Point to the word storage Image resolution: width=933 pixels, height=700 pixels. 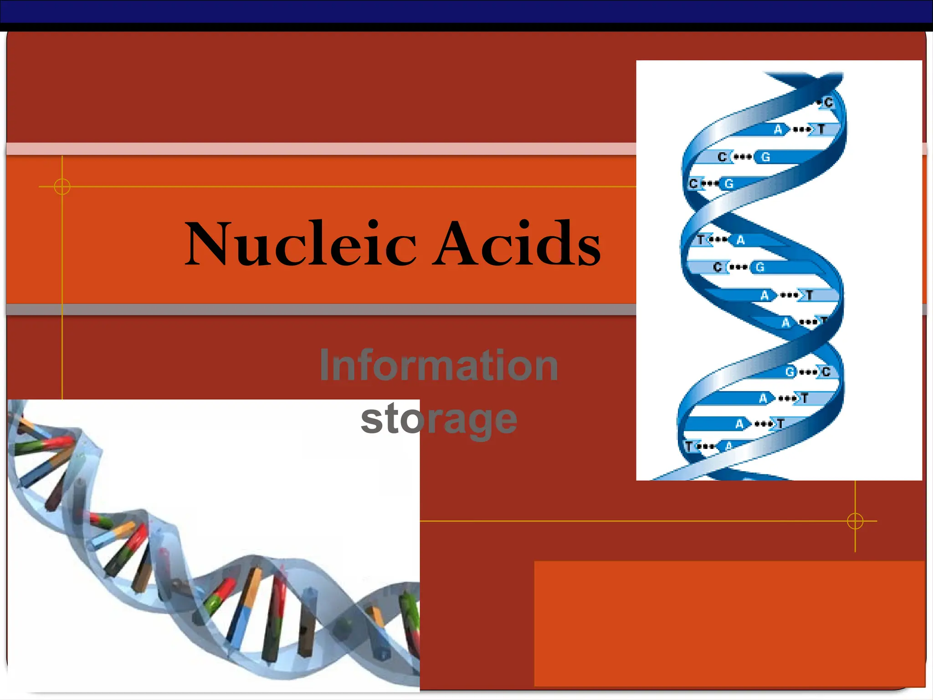click(439, 419)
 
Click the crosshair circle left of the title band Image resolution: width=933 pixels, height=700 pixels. click(62, 186)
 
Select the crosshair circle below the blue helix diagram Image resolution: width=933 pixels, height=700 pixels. click(855, 520)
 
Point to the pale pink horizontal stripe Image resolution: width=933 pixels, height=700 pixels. click(319, 149)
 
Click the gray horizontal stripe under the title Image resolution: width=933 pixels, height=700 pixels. click(319, 309)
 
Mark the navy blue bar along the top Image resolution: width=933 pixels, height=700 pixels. click(466, 11)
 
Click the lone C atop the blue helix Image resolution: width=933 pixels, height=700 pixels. click(828, 103)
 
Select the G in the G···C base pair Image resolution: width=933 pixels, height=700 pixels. click(789, 372)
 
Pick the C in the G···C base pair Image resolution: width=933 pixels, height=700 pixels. click(826, 372)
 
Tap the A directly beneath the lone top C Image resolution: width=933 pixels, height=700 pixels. click(778, 130)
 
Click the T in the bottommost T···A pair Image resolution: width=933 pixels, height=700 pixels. click(689, 446)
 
